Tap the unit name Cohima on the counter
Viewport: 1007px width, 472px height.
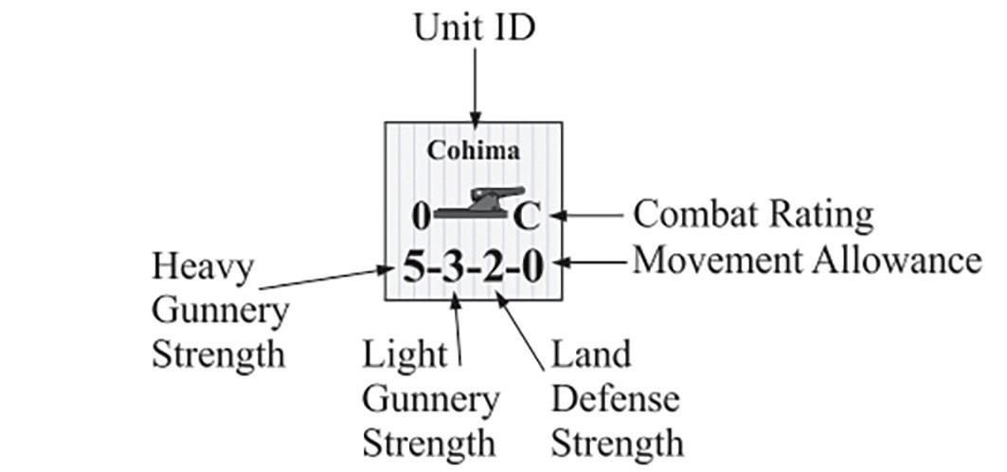(x=474, y=150)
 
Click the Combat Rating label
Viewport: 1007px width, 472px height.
(x=752, y=214)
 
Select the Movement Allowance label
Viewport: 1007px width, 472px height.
(x=806, y=259)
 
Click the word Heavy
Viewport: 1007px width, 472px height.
(x=203, y=266)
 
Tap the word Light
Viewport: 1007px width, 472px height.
(x=405, y=354)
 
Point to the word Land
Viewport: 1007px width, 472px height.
(x=590, y=354)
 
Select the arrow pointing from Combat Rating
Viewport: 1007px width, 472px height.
(x=587, y=215)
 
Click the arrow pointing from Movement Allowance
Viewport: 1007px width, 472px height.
(x=592, y=260)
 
